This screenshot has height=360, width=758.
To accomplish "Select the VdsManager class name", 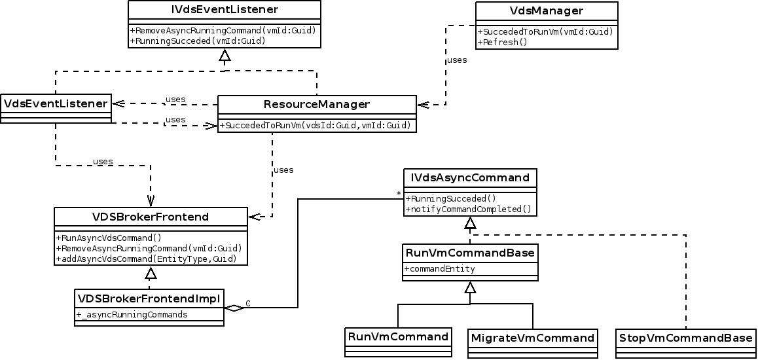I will click(x=545, y=11).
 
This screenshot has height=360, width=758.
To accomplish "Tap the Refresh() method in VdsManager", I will click(x=503, y=42).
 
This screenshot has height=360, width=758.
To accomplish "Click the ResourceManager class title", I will click(x=317, y=105).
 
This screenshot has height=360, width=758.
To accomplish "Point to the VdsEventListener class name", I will click(x=56, y=103).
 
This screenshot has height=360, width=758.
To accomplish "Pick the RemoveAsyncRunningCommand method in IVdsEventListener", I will click(x=224, y=30).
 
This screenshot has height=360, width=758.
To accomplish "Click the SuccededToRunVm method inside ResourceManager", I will click(x=317, y=125).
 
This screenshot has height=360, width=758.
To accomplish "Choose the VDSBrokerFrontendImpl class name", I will click(x=150, y=298).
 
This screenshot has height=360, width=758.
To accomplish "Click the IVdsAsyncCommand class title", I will click(x=469, y=177).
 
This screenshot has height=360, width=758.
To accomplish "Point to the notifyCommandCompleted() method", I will click(x=469, y=209).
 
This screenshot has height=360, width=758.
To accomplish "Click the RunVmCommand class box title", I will click(x=398, y=336).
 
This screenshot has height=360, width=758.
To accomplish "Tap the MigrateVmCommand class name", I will click(x=533, y=338).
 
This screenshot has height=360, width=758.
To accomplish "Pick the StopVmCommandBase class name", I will click(x=685, y=338).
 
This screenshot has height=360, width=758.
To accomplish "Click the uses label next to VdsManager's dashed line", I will click(x=457, y=60).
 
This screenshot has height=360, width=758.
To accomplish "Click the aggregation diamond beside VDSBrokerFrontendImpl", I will click(x=233, y=308).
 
